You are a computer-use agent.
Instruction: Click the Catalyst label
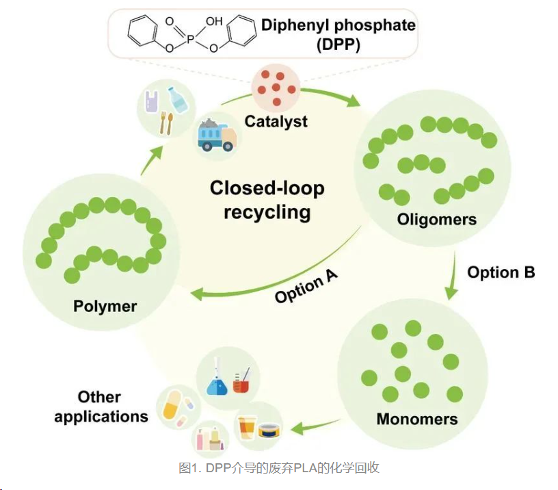point(276,122)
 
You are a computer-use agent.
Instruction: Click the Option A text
point(306,287)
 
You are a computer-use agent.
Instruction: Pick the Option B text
point(501,272)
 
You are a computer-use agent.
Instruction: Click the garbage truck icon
point(217,134)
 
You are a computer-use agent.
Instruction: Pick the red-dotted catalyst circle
point(276,87)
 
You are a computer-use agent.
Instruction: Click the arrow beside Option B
point(453,277)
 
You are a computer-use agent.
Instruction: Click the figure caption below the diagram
point(278,468)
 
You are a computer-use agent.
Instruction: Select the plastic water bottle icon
point(178,99)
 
